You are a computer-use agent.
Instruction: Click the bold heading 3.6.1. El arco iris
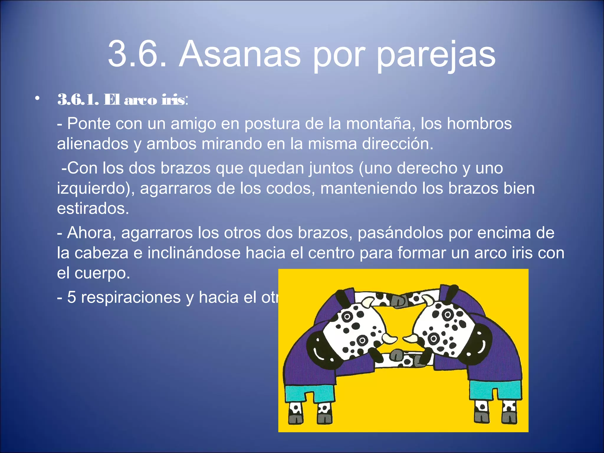click(x=121, y=100)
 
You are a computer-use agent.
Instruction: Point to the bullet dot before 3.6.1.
click(x=37, y=99)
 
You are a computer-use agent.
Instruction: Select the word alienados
click(x=93, y=144)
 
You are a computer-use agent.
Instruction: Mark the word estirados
click(x=93, y=209)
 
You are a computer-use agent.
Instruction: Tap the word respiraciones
click(x=131, y=297)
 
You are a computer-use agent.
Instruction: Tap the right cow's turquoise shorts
click(x=495, y=389)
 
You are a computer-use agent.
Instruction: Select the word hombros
click(x=479, y=124)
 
